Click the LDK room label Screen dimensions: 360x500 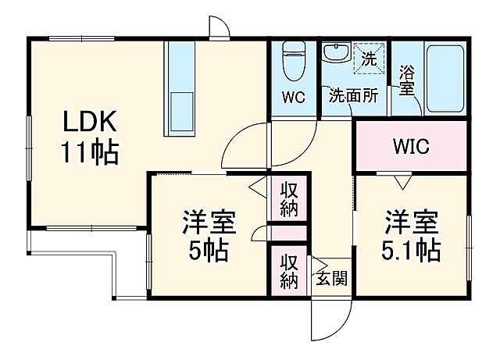point(90,123)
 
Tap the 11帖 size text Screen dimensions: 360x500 point(90,151)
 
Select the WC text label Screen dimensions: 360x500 point(293,98)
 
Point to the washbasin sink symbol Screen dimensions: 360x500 point(337,54)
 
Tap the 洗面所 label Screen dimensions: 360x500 point(353,97)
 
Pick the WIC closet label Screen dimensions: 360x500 point(410,147)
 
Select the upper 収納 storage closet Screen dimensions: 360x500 point(289,198)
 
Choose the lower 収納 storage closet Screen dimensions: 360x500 point(289,269)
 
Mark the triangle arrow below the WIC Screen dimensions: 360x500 point(402,183)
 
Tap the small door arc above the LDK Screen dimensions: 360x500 point(220,27)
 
